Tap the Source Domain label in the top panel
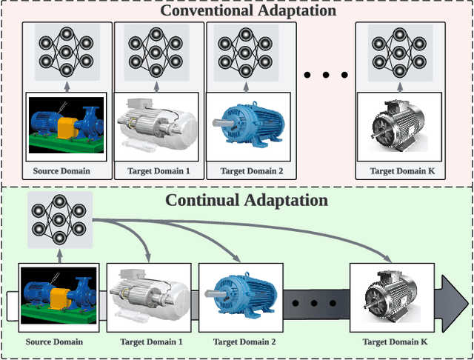pos(61,171)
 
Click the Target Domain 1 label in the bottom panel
pos(150,341)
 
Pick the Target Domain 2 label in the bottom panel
pos(244,341)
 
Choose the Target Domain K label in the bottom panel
pos(395,341)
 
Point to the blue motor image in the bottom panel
pos(244,295)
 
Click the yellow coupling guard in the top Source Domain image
pos(68,127)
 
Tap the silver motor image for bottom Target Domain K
pos(393,296)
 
